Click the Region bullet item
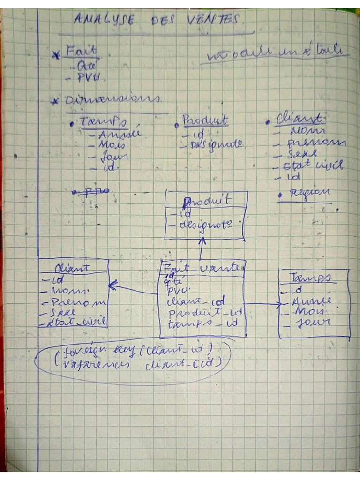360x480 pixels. [309, 193]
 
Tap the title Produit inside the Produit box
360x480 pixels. [207, 201]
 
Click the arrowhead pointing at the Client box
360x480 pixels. [112, 284]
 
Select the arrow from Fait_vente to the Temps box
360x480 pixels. [262, 304]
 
